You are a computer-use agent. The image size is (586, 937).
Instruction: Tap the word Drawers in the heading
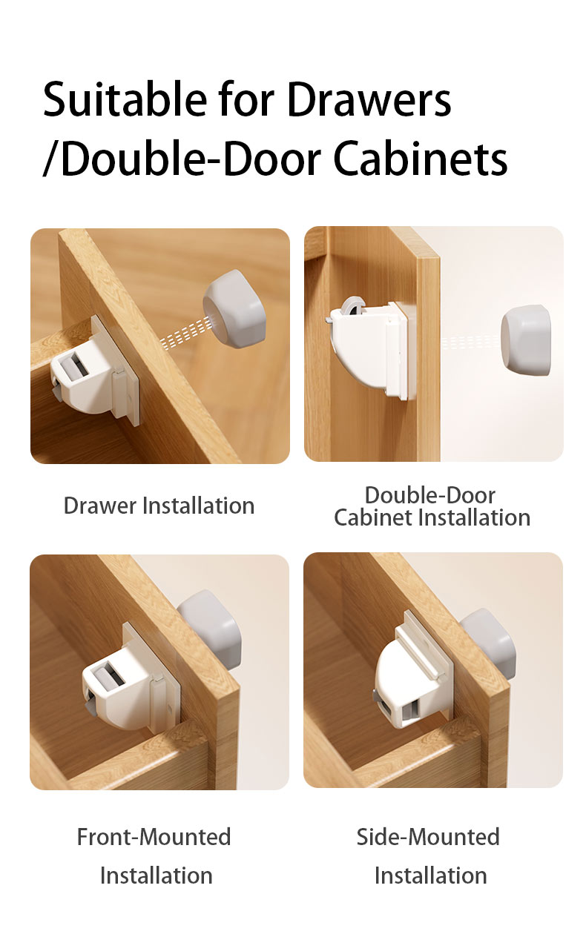369,99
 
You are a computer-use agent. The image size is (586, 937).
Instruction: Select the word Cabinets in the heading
420,158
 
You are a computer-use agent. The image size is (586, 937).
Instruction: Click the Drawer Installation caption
159,506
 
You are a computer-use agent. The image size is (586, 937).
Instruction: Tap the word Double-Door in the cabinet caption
430,494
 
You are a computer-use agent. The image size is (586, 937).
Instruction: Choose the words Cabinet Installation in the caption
432,517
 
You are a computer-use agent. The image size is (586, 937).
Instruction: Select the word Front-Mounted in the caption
154,837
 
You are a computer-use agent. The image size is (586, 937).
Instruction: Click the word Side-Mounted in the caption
428,837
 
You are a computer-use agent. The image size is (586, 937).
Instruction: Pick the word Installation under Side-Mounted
430,875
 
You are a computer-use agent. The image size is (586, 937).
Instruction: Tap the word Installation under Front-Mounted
156,875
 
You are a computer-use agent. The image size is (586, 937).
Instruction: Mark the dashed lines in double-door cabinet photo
470,342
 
